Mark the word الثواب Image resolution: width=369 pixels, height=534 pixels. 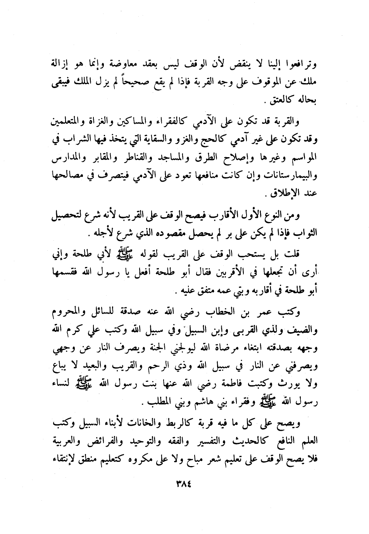[x=305, y=234]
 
